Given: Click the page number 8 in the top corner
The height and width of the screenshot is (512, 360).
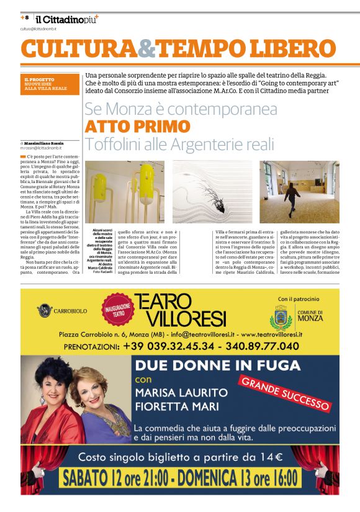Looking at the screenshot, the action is [x=27, y=17].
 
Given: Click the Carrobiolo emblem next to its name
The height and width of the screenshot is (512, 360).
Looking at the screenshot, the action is [x=45, y=310].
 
